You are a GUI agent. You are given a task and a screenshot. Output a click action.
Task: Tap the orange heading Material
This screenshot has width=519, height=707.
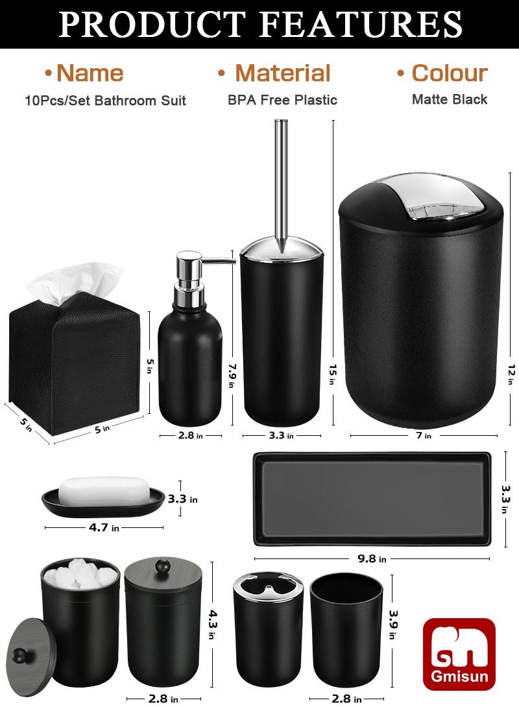tap(282, 73)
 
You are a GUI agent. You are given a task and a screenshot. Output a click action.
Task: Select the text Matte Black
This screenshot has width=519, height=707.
tap(449, 99)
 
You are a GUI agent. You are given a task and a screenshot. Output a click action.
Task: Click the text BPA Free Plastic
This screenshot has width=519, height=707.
tap(282, 100)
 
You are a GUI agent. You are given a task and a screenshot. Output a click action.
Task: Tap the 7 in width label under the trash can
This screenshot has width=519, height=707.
tap(424, 435)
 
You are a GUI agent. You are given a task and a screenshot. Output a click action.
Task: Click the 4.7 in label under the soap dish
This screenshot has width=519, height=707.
tap(104, 527)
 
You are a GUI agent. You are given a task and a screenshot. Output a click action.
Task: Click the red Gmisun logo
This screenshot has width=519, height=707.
tap(459, 654)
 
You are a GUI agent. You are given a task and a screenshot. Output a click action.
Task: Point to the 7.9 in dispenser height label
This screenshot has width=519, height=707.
tap(230, 374)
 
